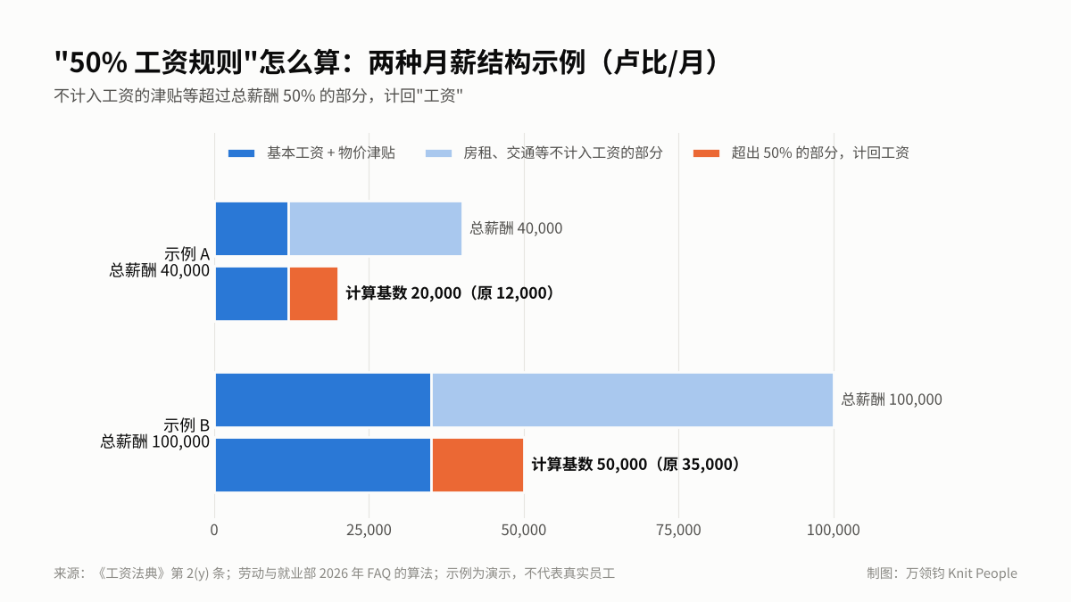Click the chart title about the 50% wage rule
pos(386,62)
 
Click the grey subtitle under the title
pos(258,96)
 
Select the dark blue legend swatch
pos(242,153)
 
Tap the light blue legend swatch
pos(438,153)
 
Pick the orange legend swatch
pos(706,153)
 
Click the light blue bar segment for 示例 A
pos(376,229)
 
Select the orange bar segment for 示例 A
pos(313,293)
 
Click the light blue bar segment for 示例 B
pos(633,400)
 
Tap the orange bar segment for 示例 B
pos(477,465)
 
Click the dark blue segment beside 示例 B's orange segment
pos(323,465)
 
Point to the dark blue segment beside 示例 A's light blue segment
pos(252,229)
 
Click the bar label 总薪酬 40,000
pos(516,228)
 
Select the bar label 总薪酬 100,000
pos(892,400)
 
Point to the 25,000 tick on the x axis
pos(369,530)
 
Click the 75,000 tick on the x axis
pos(678,530)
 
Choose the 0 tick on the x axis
pos(214,530)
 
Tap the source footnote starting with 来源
pos(334,573)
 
